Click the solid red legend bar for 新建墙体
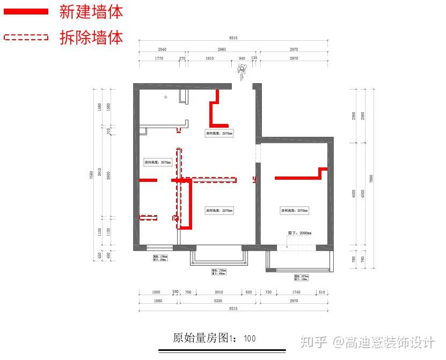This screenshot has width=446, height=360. pos(26,11)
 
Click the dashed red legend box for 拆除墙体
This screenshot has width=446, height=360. pos(26,37)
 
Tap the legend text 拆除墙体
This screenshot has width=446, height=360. pos(91,37)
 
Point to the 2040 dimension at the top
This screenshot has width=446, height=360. pos(162,49)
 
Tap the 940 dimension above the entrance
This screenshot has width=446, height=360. pos(242,58)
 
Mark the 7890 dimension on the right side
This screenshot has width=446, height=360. pos(371,179)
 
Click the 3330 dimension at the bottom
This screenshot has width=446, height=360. pos(218,301)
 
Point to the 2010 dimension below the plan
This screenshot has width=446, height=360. pos(218,292)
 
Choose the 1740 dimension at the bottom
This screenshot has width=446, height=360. pos(296,292)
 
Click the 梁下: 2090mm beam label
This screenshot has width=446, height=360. pos(299,233)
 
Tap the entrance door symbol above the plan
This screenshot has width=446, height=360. pos(243,68)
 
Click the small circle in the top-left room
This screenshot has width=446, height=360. pos(166,97)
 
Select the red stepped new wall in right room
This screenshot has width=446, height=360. pos(301,175)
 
